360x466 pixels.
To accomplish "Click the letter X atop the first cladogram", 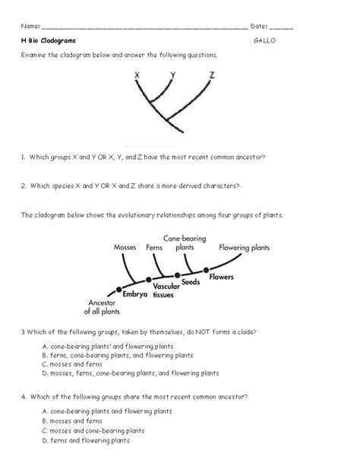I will click(x=137, y=75).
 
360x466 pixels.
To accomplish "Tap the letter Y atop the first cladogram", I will click(x=173, y=75).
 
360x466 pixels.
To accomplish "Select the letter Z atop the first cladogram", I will click(x=211, y=75).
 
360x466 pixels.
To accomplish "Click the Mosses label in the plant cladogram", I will click(x=125, y=247).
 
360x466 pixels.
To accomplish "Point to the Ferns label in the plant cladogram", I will click(x=155, y=247).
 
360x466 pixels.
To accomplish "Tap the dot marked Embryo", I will click(x=119, y=290).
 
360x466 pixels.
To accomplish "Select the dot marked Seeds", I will click(x=177, y=275).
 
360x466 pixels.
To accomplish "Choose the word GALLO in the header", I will click(x=262, y=40).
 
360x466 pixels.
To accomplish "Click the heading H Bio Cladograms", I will click(x=49, y=40).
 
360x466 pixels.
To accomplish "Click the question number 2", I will click(x=24, y=185).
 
